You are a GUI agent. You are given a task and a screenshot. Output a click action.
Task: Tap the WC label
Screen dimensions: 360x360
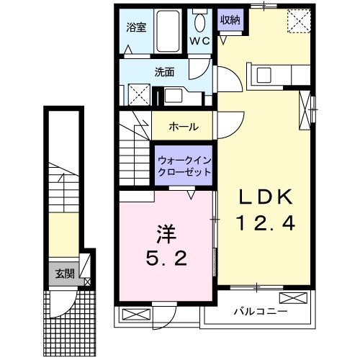[199, 40]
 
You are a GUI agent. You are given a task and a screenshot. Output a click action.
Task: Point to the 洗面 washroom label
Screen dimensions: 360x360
[165, 72]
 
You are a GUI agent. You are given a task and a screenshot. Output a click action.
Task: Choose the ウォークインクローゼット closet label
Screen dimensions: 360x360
[184, 166]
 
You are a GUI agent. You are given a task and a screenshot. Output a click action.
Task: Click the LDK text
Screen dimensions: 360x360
[262, 196]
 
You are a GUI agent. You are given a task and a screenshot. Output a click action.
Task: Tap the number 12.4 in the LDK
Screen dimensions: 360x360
[262, 225]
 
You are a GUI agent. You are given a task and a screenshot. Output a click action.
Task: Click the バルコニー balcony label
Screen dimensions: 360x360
[261, 312]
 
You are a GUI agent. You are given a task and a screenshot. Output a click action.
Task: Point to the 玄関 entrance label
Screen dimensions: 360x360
[63, 274]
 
